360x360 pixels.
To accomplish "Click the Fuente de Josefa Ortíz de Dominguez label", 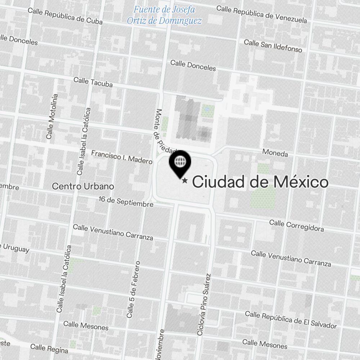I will (x=164, y=15).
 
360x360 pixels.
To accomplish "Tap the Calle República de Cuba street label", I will (x=65, y=16).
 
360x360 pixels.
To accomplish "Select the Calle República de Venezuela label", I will (x=262, y=14).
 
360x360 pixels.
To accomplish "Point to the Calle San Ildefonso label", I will (x=273, y=46).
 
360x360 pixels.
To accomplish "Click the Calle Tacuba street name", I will (x=93, y=82).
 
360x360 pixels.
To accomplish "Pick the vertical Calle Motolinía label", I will (x=51, y=116).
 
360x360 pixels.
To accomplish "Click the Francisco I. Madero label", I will (x=122, y=157).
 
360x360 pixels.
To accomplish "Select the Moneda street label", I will (x=275, y=153).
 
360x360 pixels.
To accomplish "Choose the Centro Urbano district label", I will (x=83, y=186).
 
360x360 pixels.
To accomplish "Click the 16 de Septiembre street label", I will (x=126, y=202).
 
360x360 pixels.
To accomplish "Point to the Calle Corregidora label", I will (x=296, y=226).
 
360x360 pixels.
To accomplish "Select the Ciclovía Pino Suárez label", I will (x=204, y=305).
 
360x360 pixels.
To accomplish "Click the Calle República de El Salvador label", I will (x=291, y=319).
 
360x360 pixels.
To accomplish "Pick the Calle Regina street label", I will (x=49, y=348).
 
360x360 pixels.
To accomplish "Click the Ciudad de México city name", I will (x=260, y=182).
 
